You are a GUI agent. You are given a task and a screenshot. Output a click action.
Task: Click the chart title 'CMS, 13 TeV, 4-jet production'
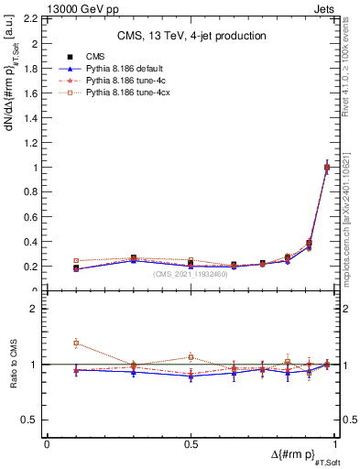[191, 36]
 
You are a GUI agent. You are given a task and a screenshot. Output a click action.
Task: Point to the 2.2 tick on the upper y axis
[33, 19]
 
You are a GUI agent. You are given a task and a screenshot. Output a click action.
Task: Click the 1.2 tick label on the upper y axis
[33, 143]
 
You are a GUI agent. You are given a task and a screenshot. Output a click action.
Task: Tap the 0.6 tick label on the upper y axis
[33, 217]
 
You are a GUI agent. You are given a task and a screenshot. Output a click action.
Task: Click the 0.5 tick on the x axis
[190, 443]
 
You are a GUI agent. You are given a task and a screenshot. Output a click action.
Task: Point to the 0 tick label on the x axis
[47, 443]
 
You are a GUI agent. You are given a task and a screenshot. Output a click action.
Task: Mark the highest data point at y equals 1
[327, 167]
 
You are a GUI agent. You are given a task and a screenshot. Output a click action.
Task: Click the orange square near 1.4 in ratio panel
[76, 343]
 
